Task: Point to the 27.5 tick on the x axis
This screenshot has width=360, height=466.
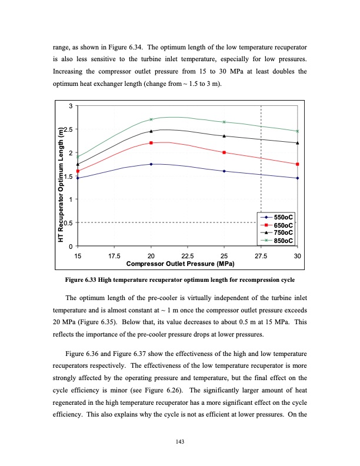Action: click(x=261, y=255)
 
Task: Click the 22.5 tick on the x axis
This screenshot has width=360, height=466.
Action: click(x=188, y=255)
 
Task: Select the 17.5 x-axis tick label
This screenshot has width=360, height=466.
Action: click(x=114, y=255)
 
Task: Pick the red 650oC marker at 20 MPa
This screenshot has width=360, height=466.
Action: click(x=151, y=143)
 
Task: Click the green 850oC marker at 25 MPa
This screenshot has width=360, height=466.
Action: click(x=224, y=122)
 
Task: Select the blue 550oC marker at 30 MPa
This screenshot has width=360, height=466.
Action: click(x=298, y=178)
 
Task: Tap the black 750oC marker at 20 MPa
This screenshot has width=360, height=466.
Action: click(x=151, y=131)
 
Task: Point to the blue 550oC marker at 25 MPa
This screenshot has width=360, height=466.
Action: click(x=224, y=171)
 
